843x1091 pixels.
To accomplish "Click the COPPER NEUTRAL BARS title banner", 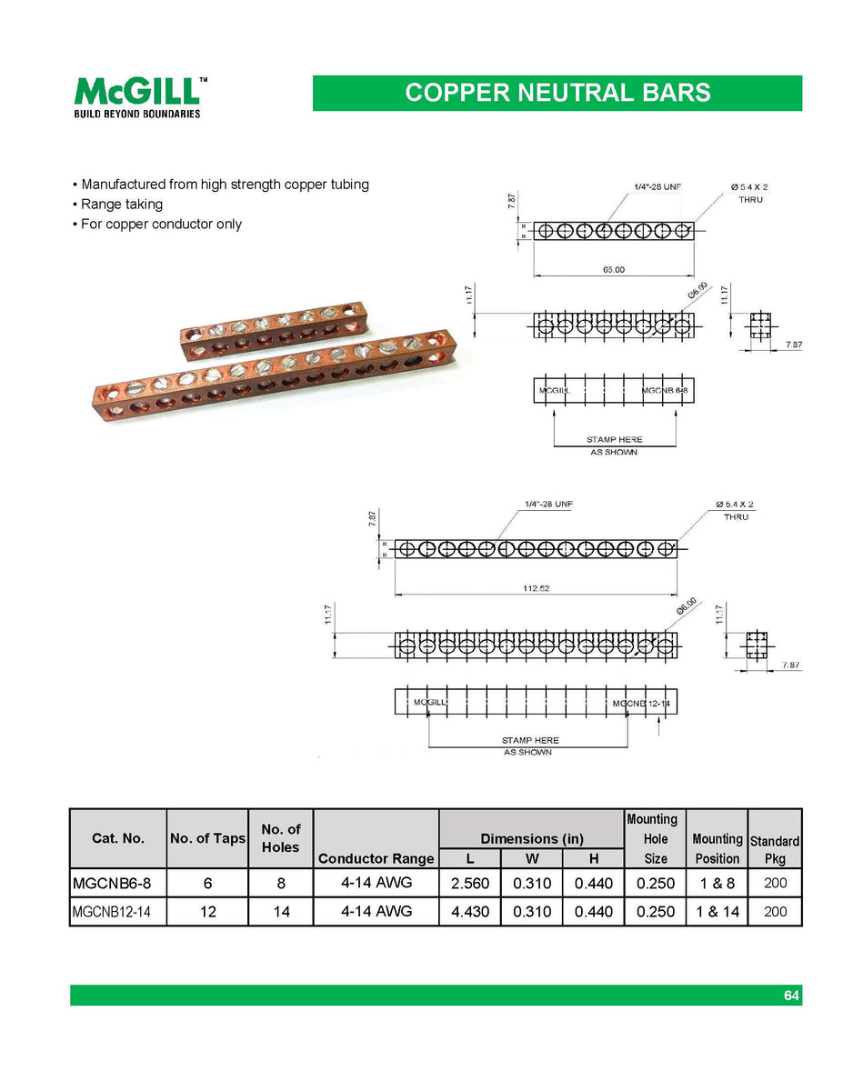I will point(557,93).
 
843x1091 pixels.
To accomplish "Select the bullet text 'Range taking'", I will point(121,204).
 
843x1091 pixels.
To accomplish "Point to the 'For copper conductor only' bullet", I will point(160,224).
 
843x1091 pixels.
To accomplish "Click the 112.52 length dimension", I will point(536,588).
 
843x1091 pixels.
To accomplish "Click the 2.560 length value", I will point(468,883).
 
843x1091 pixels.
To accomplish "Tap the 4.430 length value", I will point(468,911).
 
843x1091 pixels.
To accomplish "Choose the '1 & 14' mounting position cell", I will point(717,911).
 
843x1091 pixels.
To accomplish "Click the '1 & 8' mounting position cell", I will point(717,883).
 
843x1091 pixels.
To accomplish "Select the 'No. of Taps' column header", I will point(207,838).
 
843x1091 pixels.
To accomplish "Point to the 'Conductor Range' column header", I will point(376,858).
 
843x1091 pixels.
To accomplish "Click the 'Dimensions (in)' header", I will point(531,838).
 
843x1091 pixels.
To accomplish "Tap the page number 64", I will point(791,996).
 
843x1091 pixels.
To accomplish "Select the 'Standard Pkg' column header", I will point(774,849).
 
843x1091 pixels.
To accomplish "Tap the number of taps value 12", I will point(207,911).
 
